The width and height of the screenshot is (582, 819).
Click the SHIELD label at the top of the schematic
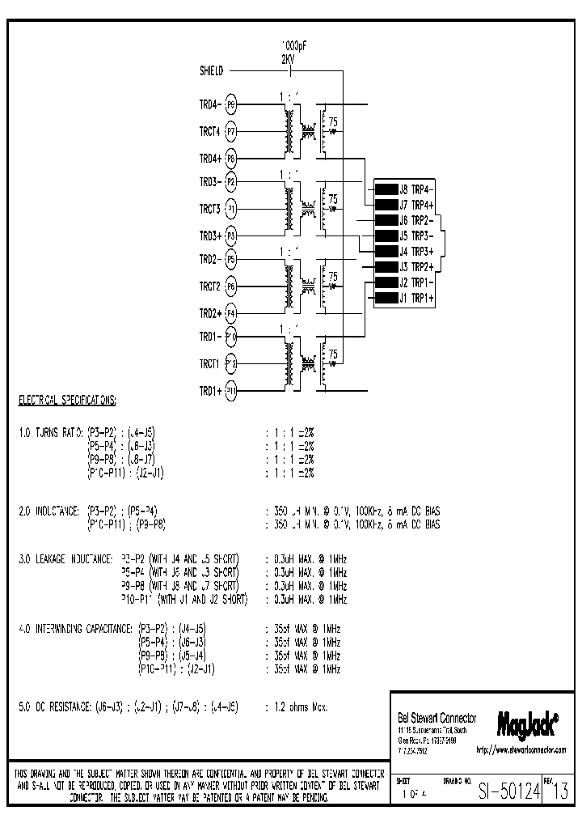point(212,71)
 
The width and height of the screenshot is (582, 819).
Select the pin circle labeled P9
point(231,104)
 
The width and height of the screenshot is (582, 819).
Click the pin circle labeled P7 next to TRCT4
point(231,130)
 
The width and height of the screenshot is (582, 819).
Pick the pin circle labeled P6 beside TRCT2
point(231,286)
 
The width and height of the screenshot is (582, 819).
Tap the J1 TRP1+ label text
point(417,299)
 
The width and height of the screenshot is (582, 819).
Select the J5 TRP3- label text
point(417,236)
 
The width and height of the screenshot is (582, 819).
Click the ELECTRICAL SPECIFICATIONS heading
point(67,401)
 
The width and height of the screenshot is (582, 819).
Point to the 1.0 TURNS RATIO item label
point(50,433)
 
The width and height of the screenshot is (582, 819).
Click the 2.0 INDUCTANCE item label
point(48,511)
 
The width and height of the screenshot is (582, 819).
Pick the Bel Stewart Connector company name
point(436,719)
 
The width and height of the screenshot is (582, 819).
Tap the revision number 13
point(560,793)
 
